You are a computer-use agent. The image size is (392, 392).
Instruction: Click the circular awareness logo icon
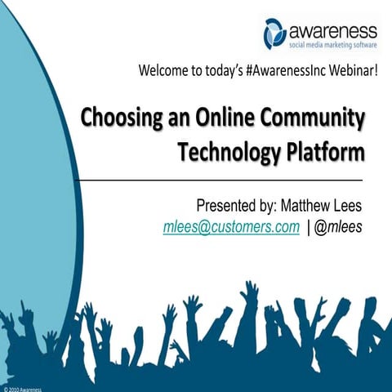click(x=275, y=33)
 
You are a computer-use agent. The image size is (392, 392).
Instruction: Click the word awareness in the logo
click(x=333, y=30)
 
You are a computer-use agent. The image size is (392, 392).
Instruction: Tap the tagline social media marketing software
click(x=333, y=47)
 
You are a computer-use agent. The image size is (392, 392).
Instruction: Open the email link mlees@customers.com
click(x=231, y=227)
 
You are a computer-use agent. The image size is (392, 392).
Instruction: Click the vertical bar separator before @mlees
click(x=308, y=227)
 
